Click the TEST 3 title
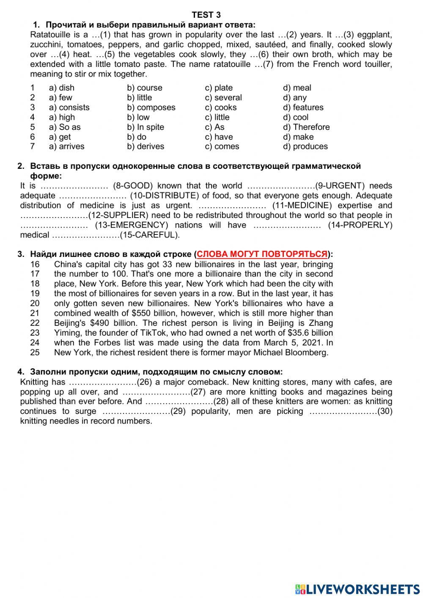(x=206, y=15)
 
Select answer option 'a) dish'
(x=61, y=88)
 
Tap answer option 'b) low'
(x=138, y=117)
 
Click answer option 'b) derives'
(x=145, y=146)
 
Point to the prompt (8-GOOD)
(x=135, y=186)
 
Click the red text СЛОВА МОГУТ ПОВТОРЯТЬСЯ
(x=262, y=254)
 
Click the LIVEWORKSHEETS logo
(x=357, y=589)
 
